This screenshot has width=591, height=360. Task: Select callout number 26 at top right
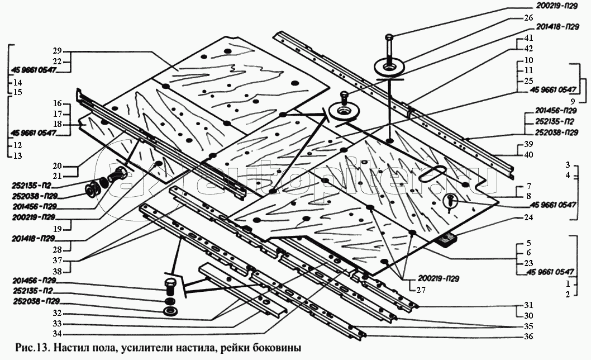528,17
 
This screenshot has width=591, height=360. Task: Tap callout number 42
528,49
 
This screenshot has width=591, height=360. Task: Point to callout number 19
73,228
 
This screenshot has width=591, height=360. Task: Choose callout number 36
528,337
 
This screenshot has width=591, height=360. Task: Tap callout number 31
528,306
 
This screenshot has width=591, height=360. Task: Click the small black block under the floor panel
447,240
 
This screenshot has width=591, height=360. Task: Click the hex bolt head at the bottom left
171,284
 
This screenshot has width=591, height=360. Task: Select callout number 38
73,270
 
